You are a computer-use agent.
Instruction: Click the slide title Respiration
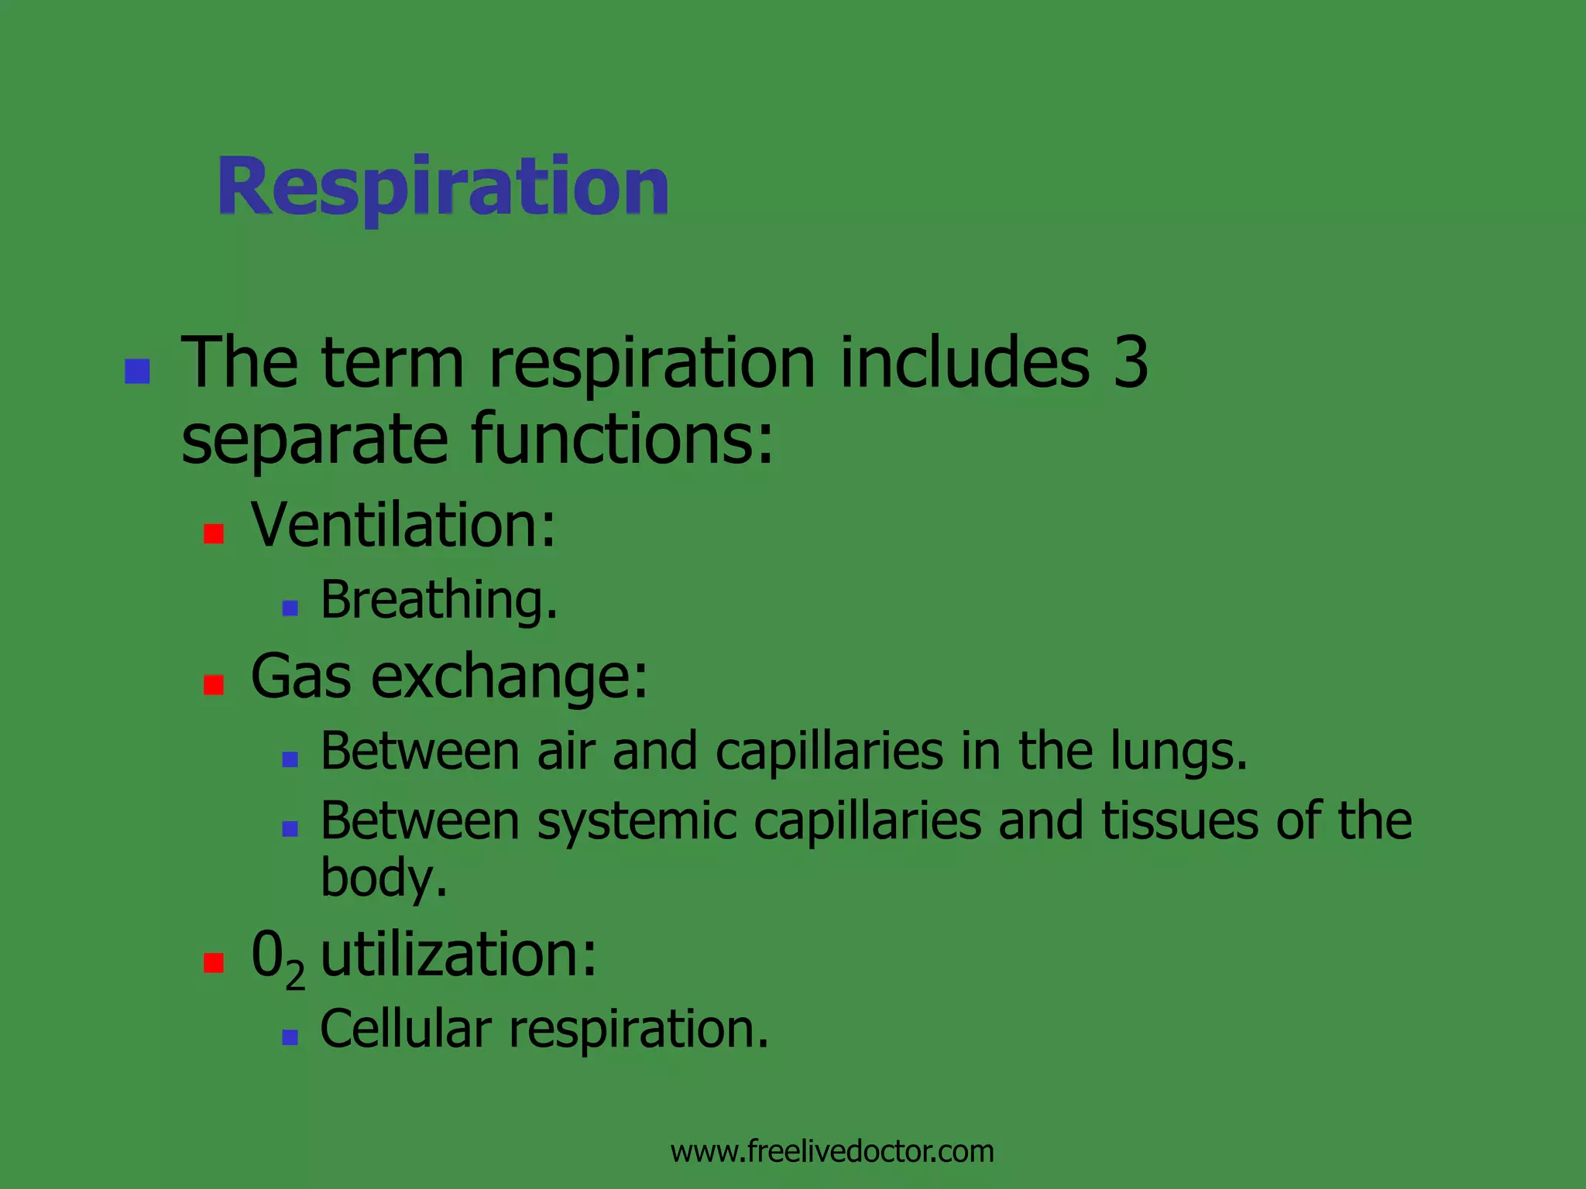coord(443,187)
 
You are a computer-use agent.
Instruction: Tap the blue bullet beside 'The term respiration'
coord(137,372)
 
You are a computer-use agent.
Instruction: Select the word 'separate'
coord(314,440)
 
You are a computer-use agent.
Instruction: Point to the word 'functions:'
coord(622,440)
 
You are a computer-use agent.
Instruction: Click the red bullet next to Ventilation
coord(214,533)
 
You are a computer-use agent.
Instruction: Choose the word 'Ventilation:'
coord(403,525)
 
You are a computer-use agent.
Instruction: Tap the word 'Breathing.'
coord(438,601)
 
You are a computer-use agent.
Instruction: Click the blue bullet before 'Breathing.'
coord(290,608)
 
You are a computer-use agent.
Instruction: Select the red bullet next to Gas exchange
coord(214,684)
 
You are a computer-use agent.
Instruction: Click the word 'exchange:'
coord(509,677)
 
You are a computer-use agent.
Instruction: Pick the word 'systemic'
coord(637,821)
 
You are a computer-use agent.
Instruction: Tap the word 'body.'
coord(384,879)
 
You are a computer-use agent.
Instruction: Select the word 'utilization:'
coord(458,954)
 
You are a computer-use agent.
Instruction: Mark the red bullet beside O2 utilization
coord(214,962)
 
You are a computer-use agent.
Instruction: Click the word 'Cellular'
coord(406,1030)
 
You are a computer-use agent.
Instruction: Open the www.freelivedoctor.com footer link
coord(832,1152)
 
